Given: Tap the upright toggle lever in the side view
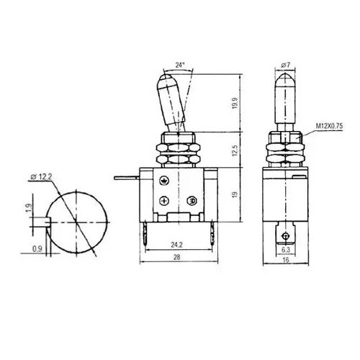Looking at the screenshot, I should coord(284,101).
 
